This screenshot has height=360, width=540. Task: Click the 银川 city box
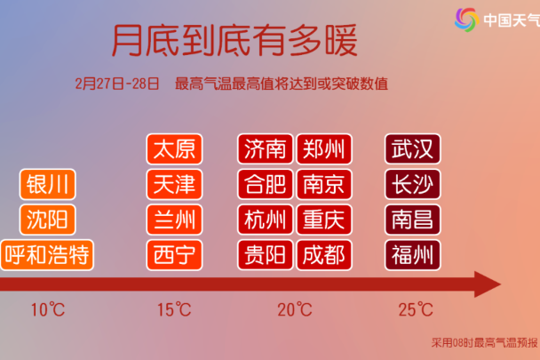[x=48, y=184]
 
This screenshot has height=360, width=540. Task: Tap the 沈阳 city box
[x=48, y=220]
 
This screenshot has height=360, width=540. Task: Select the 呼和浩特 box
[x=47, y=255]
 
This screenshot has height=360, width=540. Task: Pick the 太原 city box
[x=174, y=149]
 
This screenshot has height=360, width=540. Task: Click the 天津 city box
[x=174, y=184]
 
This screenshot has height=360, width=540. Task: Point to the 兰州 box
[x=174, y=220]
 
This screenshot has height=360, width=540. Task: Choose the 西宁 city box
[x=174, y=255]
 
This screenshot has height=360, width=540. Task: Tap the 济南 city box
[x=266, y=149]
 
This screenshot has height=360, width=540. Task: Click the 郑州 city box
[x=323, y=149]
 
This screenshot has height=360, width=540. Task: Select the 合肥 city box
[x=266, y=184]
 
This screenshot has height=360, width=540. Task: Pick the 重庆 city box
[x=323, y=220]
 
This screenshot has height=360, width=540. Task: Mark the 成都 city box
[x=323, y=255]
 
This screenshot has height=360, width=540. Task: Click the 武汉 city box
[x=413, y=149]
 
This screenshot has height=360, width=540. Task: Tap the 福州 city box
[x=413, y=255]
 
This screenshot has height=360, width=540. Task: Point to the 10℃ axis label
[x=48, y=309]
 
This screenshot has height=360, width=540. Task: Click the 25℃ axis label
[x=416, y=309]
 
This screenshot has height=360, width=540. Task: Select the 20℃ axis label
[x=295, y=309]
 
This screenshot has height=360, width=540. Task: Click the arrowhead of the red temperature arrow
[x=487, y=284]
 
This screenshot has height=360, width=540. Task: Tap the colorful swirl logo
[x=466, y=20]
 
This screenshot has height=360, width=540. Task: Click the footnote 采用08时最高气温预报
[x=485, y=342]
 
